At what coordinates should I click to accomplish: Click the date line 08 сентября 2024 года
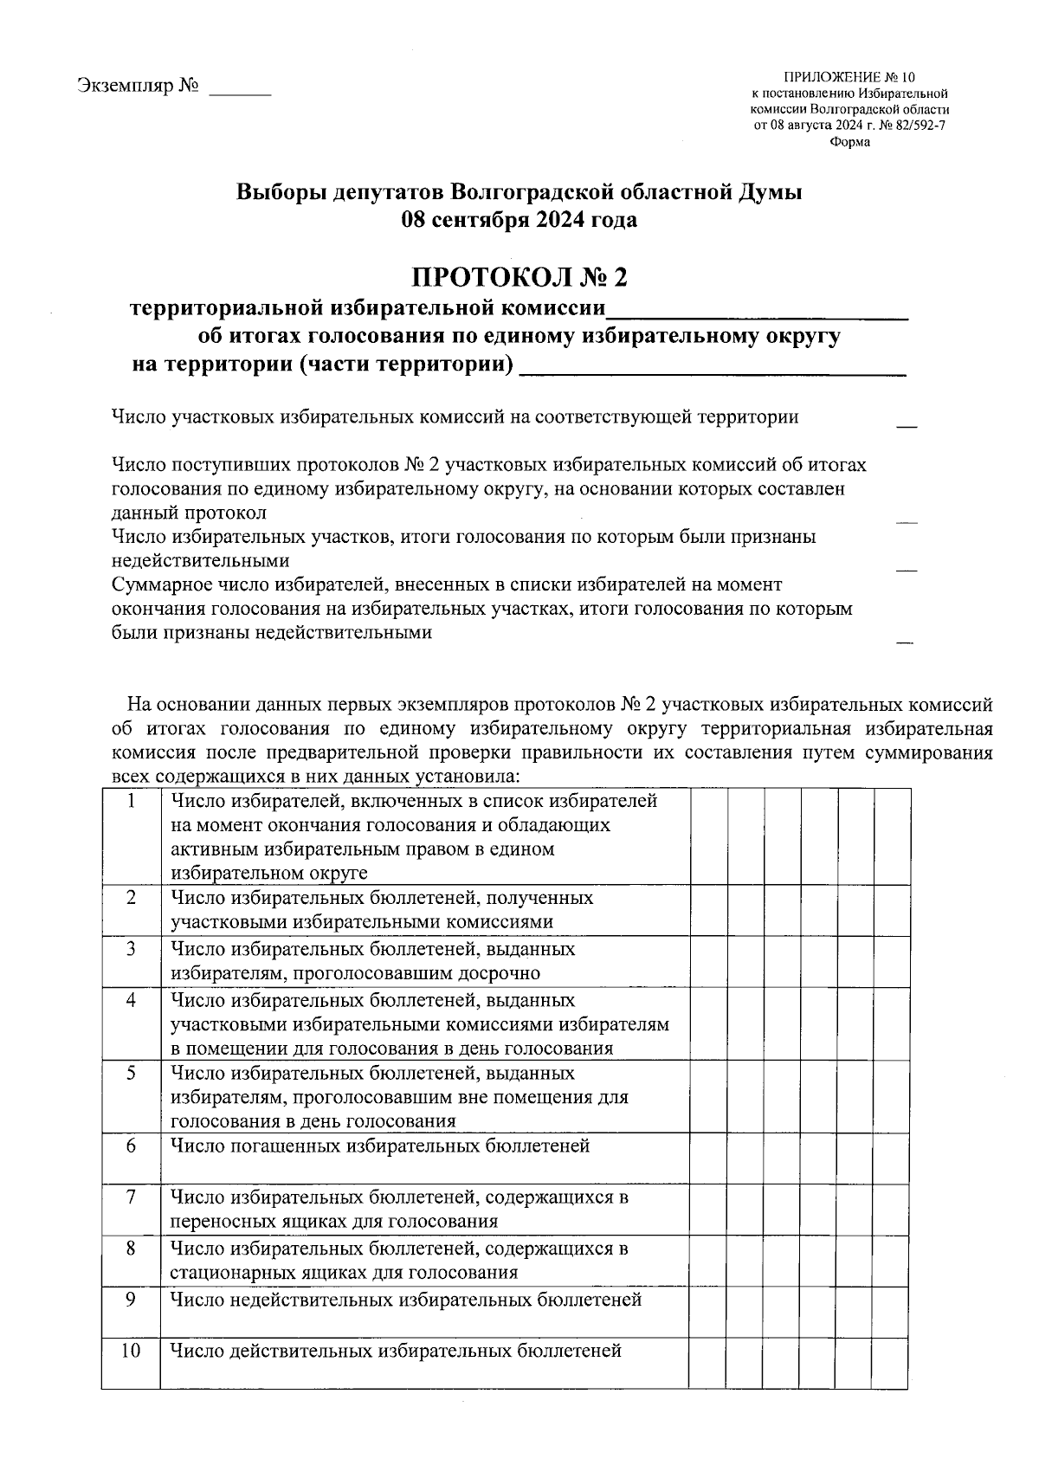pos(519,220)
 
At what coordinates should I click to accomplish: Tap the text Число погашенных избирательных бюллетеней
pos(380,1146)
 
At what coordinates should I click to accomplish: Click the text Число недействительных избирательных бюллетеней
pos(405,1300)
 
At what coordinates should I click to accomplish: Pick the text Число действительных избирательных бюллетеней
pos(396,1351)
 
